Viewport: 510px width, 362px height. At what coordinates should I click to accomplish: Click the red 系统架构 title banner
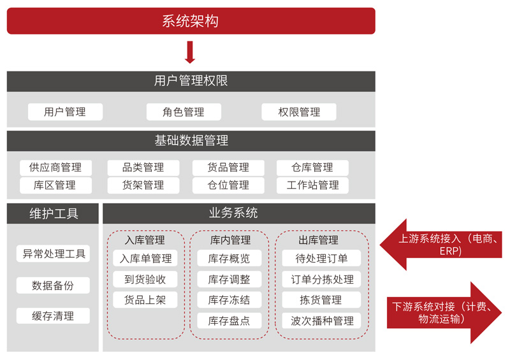click(x=191, y=21)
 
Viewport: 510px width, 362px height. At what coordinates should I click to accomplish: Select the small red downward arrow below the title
click(x=190, y=52)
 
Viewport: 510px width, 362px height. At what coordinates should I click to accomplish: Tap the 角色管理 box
click(x=184, y=112)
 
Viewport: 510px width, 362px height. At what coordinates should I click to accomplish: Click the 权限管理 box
click(x=299, y=112)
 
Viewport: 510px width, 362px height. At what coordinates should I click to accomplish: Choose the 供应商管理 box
click(x=55, y=168)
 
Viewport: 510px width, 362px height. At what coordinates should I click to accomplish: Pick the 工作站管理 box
click(x=312, y=185)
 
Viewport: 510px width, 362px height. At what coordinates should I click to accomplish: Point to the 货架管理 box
click(x=143, y=185)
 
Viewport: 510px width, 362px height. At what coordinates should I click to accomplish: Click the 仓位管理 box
click(x=228, y=185)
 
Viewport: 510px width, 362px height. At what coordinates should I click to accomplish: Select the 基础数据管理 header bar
click(x=191, y=141)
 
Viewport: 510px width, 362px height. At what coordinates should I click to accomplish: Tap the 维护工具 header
click(x=53, y=214)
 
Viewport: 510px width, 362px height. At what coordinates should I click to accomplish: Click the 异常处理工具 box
click(x=53, y=254)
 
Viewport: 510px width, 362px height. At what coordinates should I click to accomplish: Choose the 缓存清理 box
click(x=53, y=316)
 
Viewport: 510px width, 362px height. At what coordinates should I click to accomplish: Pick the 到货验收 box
click(x=145, y=279)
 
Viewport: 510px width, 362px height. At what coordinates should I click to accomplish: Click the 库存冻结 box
click(x=229, y=300)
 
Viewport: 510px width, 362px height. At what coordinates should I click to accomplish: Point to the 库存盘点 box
click(x=229, y=321)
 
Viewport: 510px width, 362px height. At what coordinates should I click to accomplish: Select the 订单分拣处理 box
click(x=321, y=279)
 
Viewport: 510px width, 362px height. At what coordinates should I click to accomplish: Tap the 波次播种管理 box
click(x=321, y=321)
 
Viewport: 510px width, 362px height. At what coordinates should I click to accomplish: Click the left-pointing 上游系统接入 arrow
click(x=441, y=245)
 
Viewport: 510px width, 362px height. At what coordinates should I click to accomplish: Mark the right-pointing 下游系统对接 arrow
click(x=444, y=312)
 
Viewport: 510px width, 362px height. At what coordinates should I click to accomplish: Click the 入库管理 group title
click(x=145, y=240)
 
